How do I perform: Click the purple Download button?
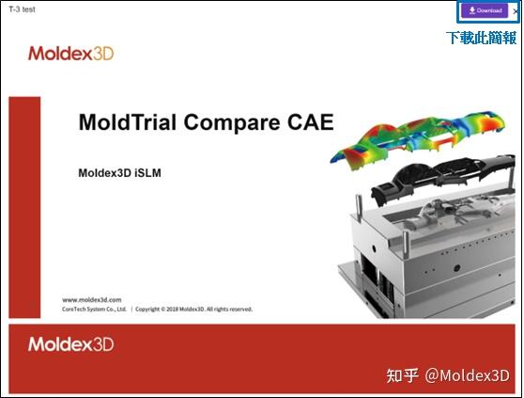click(x=485, y=10)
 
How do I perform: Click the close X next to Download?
click(x=515, y=10)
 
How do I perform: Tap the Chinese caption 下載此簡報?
click(x=481, y=38)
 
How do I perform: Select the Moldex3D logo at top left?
click(x=70, y=54)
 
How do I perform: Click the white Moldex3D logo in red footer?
click(x=70, y=344)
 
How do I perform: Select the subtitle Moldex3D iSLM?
click(x=120, y=173)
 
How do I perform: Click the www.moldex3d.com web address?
click(x=92, y=299)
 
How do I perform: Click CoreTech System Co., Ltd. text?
click(x=94, y=309)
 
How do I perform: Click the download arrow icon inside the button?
click(x=471, y=10)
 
